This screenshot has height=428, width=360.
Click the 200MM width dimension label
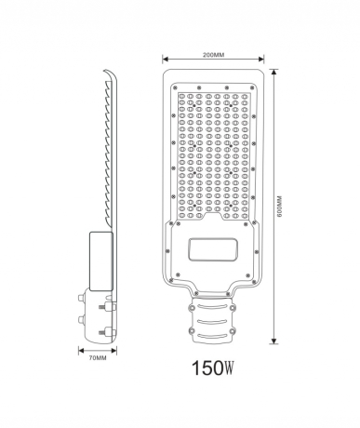coord(212,55)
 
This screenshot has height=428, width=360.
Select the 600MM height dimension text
coord(279,207)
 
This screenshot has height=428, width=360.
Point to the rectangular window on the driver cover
coord(212,250)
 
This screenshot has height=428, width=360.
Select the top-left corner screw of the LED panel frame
coord(176,84)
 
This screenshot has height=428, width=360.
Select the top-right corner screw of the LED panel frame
coord(249,84)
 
